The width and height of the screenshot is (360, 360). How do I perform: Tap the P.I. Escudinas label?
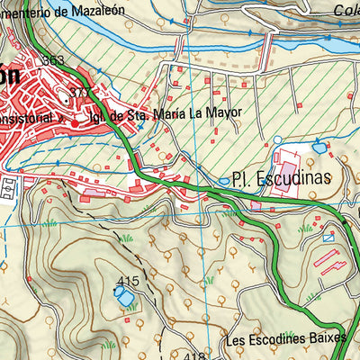click(x=281, y=178)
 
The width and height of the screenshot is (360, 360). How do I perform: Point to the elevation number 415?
click(x=129, y=280)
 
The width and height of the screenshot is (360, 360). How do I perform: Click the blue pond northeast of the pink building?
click(x=320, y=146)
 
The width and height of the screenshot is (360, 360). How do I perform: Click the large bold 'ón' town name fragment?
click(x=9, y=76)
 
